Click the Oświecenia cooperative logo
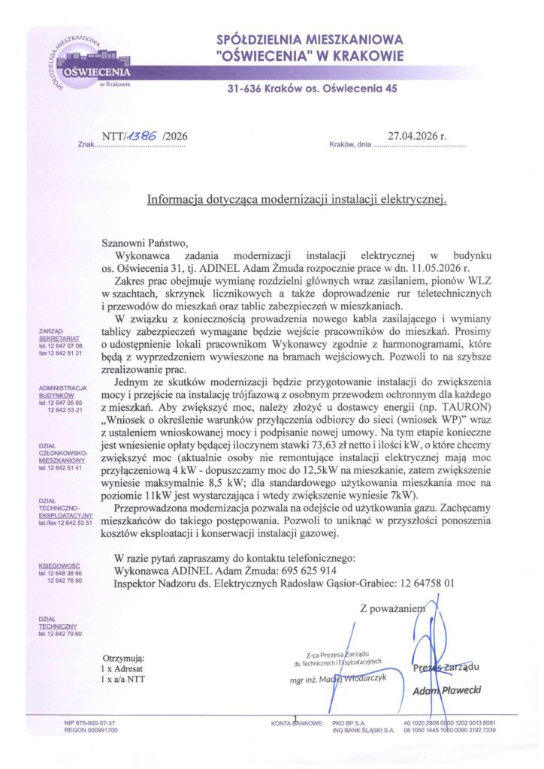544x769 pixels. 95,63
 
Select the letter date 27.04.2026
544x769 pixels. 417,136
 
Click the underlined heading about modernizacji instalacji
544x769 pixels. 297,200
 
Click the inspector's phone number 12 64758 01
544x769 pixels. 421,583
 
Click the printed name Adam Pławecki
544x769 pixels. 446,689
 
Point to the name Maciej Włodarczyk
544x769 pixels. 349,678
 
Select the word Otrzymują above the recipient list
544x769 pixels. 122,656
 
